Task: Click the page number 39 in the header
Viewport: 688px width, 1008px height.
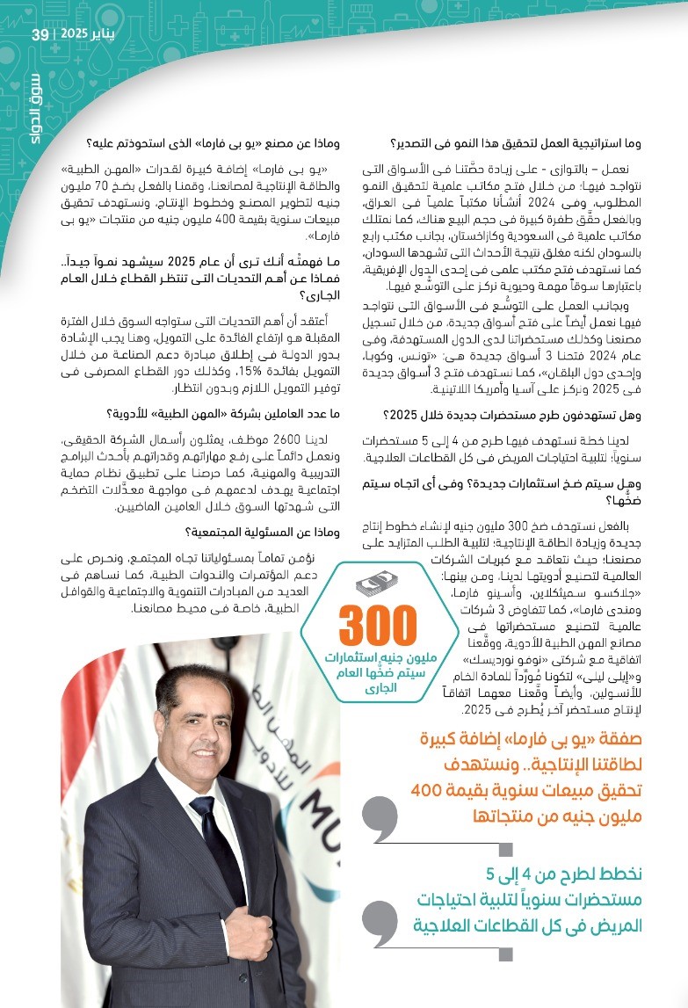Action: click(x=40, y=34)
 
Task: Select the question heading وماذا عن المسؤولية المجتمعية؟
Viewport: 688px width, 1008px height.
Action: click(x=250, y=530)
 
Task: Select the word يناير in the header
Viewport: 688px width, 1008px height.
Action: click(x=115, y=34)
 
